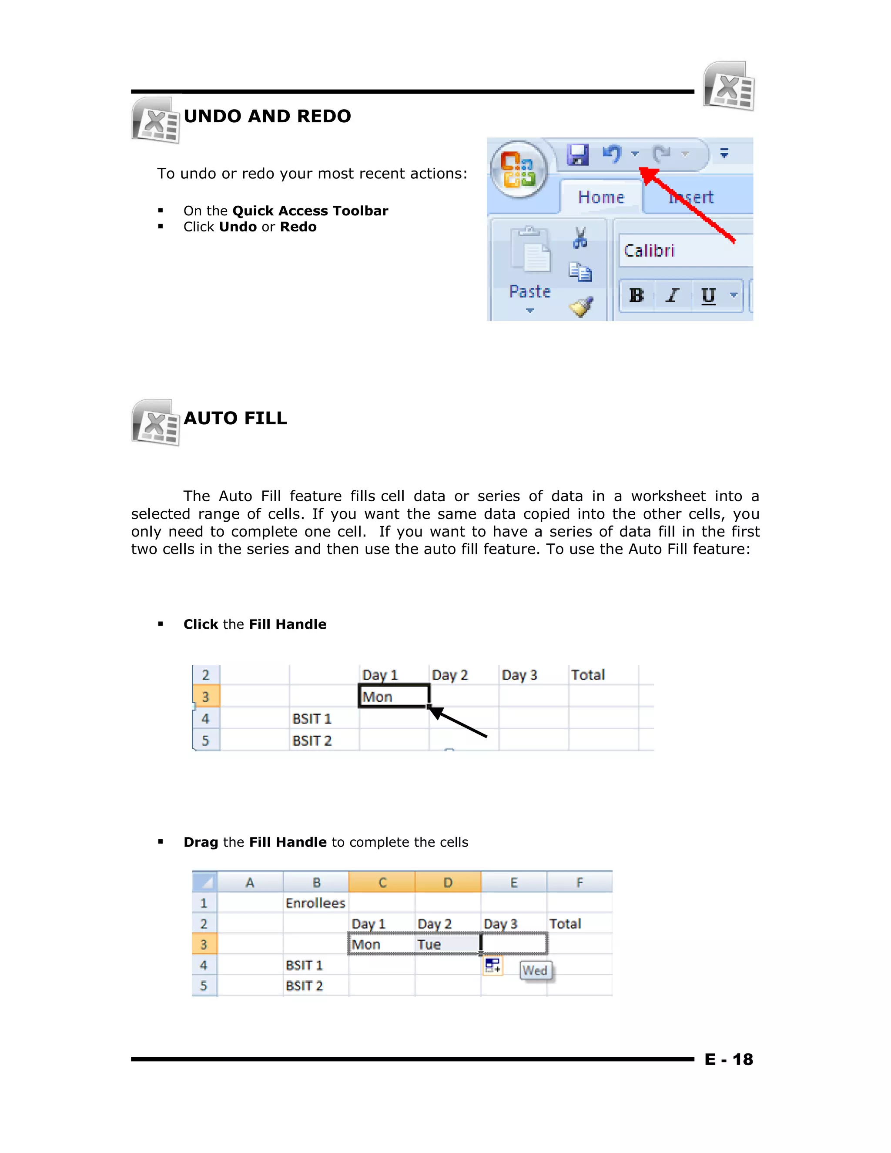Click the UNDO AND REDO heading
(267, 116)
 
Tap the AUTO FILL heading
(235, 418)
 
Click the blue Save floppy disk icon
(577, 154)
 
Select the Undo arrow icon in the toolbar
(612, 154)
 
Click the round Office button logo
(519, 169)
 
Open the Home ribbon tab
(601, 198)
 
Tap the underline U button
(708, 295)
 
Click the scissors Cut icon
(580, 238)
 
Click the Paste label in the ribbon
(529, 292)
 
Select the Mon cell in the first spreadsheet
(393, 697)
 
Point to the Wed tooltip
(535, 970)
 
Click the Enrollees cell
(315, 903)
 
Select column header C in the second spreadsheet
(382, 883)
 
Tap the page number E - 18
(728, 1059)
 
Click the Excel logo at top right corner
(729, 86)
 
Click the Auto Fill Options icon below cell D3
(492, 966)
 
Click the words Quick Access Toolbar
(310, 211)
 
